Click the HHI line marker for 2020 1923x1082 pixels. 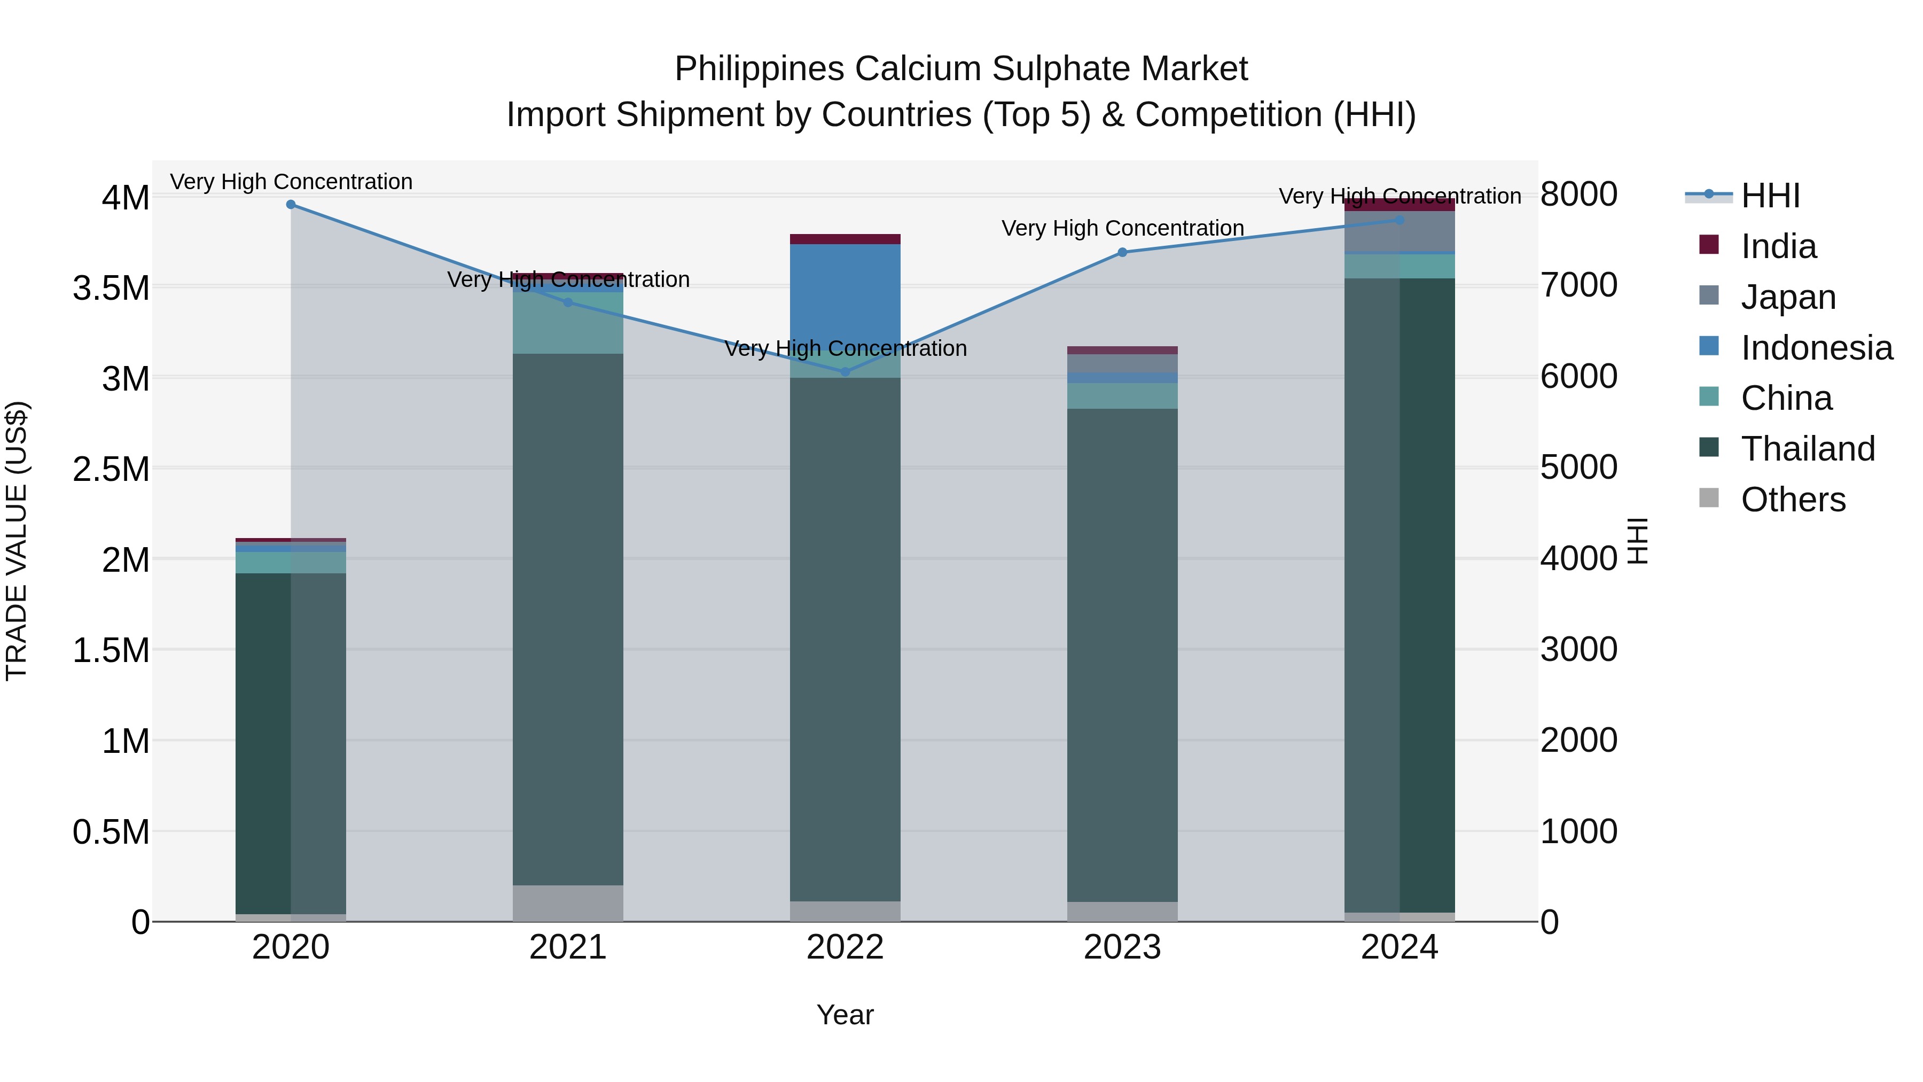point(291,205)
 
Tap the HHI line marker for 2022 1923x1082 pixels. point(845,372)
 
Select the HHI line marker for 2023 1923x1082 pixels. point(1122,252)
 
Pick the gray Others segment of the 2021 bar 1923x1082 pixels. point(568,904)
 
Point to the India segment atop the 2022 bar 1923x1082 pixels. point(845,239)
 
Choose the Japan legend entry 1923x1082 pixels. point(1788,297)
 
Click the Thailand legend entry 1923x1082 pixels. point(1807,449)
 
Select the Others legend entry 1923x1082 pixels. point(1792,500)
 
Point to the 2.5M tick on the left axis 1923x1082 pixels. point(111,469)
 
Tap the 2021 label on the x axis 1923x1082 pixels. point(568,947)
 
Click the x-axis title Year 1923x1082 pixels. point(845,1015)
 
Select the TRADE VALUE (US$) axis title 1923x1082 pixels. point(17,541)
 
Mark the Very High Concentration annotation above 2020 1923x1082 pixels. point(291,182)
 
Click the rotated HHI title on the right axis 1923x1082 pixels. point(1637,541)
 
